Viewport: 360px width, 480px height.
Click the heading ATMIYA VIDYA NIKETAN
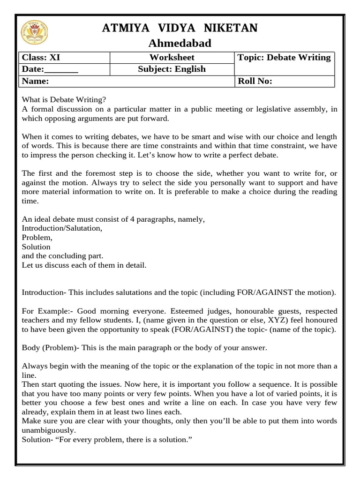pyautogui.click(x=180, y=29)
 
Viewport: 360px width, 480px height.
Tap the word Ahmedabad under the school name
pyautogui.click(x=180, y=44)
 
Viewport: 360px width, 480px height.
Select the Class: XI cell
pyautogui.click(x=41, y=58)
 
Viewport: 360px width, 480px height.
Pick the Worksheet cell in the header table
pyautogui.click(x=172, y=58)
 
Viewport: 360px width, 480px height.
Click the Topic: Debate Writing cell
pyautogui.click(x=284, y=58)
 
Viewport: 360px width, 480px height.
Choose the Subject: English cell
pyautogui.click(x=172, y=69)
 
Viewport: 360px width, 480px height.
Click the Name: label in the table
pyautogui.click(x=36, y=81)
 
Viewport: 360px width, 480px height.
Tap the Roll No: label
pyautogui.click(x=255, y=81)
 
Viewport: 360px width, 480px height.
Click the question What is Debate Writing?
pyautogui.click(x=64, y=100)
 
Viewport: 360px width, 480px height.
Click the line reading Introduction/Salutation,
pyautogui.click(x=62, y=228)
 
